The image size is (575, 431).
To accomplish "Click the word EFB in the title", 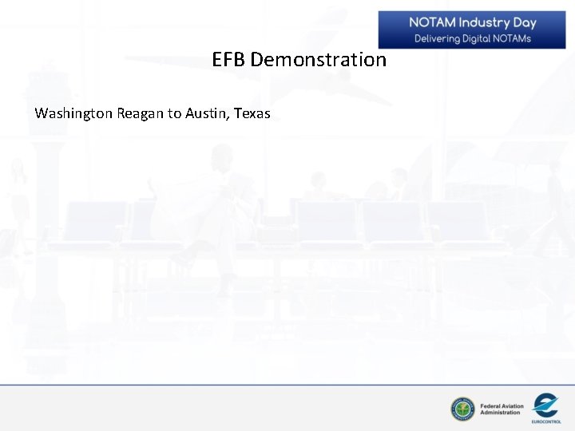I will pos(229,60).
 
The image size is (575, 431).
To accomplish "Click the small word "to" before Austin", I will pos(174,113).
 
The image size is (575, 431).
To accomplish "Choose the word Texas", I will pos(252,113).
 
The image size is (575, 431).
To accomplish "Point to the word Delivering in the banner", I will pos(436,38).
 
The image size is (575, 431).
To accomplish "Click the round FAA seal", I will pos(462,409).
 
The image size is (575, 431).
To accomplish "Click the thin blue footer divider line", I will pos(287,386).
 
